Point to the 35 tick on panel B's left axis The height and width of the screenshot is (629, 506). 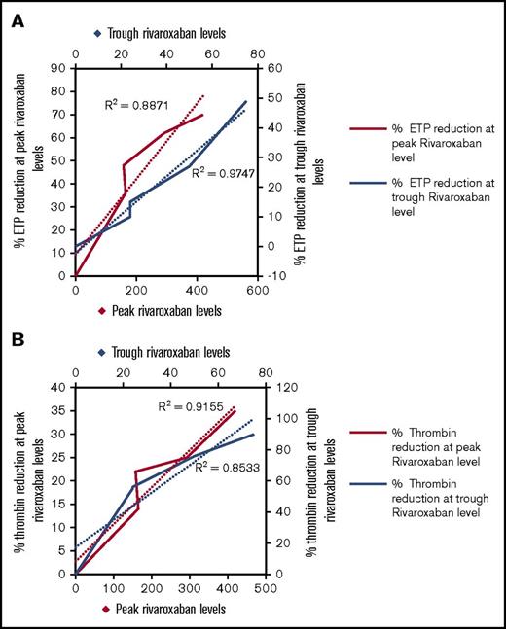click(61, 409)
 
